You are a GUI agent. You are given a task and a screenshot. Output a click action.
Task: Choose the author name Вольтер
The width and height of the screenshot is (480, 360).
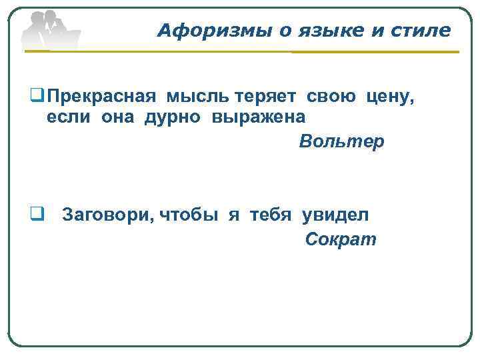tap(341, 142)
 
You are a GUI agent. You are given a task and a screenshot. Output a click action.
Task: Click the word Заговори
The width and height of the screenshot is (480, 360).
tap(108, 215)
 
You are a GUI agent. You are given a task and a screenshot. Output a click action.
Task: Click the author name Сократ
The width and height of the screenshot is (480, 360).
tap(341, 239)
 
